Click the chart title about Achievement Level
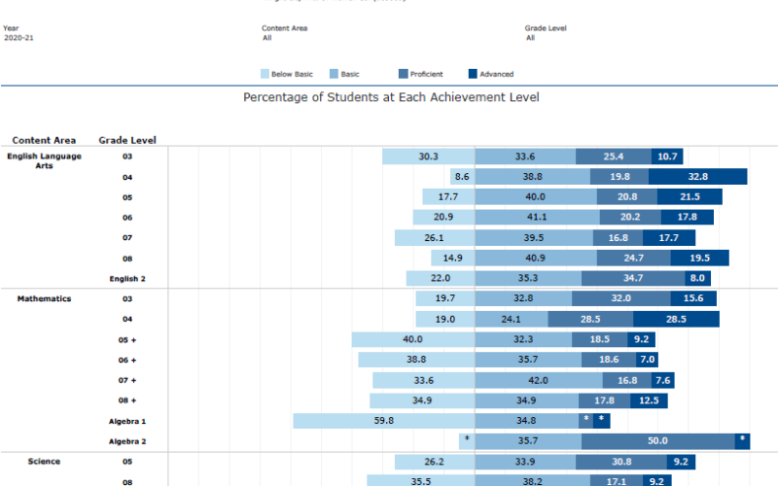390,97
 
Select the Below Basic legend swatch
265,74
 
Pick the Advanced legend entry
474,74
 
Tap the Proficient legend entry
405,74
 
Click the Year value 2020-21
18,38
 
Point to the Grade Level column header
127,140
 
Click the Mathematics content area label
44,298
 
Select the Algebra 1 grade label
127,421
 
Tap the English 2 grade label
127,278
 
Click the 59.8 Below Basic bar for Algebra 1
384,421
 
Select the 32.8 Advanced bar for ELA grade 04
697,177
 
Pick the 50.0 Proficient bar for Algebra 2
657,441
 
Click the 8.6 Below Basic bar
462,177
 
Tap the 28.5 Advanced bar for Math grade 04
676,319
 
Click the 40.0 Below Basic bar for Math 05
412,339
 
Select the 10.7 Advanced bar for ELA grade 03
666,156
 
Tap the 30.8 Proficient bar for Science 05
624,462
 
